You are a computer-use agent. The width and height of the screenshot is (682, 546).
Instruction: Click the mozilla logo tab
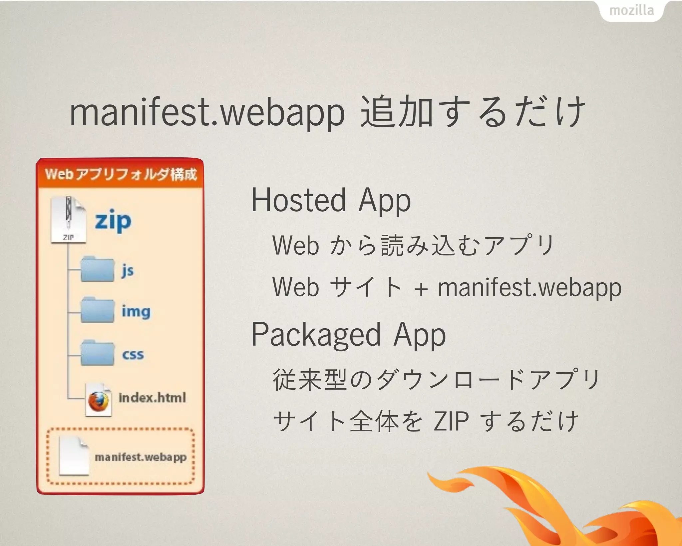[631, 11]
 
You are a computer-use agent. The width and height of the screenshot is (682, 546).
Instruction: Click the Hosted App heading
[331, 200]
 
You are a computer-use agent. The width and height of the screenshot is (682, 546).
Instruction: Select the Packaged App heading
[348, 335]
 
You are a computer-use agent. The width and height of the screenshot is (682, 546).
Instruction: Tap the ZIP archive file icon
[68, 220]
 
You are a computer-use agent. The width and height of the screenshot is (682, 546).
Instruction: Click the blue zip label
[113, 221]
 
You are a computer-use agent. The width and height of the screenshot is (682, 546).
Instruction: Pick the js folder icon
[97, 269]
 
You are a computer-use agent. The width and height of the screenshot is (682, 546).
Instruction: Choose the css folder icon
[97, 353]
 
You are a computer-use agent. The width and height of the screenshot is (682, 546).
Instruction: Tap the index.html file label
[152, 398]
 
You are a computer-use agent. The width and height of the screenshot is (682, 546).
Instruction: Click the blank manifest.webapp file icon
[74, 456]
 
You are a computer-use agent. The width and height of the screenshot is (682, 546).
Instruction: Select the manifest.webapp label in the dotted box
[141, 457]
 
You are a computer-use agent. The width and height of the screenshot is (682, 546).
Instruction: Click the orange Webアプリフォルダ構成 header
[121, 174]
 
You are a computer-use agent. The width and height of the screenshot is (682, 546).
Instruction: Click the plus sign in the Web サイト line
[421, 288]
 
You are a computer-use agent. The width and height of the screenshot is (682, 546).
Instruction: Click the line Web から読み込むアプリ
[413, 245]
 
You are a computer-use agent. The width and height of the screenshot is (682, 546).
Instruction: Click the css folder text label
[133, 354]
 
